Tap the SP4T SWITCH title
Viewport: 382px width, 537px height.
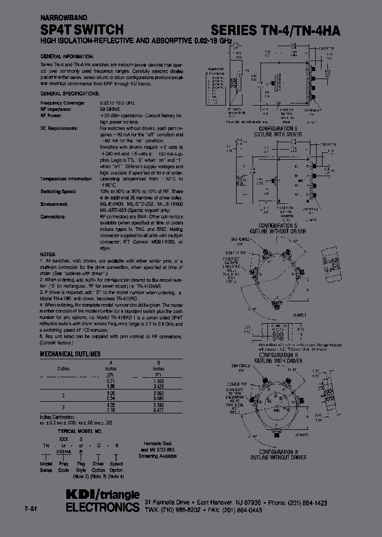82,30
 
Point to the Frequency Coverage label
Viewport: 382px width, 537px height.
62,102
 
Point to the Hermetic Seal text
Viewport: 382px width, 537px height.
159,444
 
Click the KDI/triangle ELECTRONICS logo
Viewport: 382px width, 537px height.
102,500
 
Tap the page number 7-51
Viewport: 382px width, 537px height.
31,509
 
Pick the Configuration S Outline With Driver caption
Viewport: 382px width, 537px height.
280,131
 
